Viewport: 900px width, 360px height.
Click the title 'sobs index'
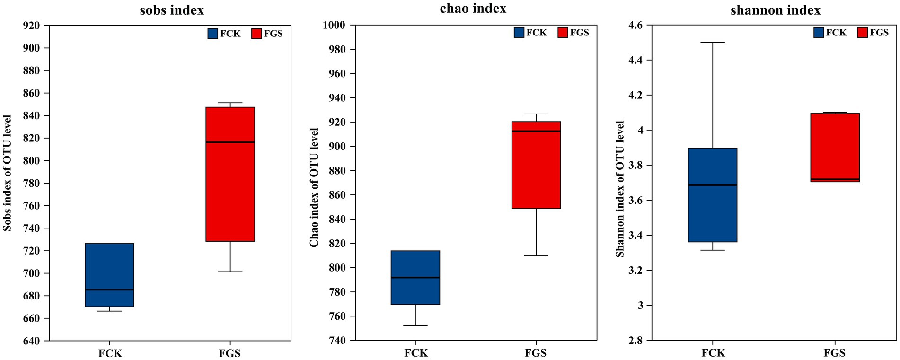[172, 10]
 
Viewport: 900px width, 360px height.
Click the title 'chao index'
[473, 9]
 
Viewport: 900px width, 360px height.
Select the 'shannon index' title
[775, 10]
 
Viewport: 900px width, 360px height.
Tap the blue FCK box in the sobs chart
[109, 275]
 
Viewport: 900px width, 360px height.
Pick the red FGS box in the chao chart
[536, 165]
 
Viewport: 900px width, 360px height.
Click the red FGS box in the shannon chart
[835, 147]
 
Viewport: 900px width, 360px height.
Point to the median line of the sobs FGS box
[230, 142]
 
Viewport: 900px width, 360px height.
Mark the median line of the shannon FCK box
[713, 185]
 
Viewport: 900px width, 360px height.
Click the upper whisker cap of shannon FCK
[713, 43]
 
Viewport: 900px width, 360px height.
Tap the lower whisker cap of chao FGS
[536, 256]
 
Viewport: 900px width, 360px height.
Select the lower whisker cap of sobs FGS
[230, 272]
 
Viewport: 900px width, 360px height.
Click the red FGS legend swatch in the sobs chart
[256, 34]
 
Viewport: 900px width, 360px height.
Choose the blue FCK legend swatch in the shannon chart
[819, 33]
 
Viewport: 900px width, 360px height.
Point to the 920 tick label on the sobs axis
[31, 26]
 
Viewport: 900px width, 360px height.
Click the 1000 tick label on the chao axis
[334, 26]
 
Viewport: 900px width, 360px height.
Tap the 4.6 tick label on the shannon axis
[635, 26]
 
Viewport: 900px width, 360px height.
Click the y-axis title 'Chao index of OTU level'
[314, 187]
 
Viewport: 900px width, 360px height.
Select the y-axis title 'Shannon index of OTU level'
[620, 189]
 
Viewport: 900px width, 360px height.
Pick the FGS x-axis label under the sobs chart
[230, 353]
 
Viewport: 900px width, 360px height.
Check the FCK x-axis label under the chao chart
[416, 353]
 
